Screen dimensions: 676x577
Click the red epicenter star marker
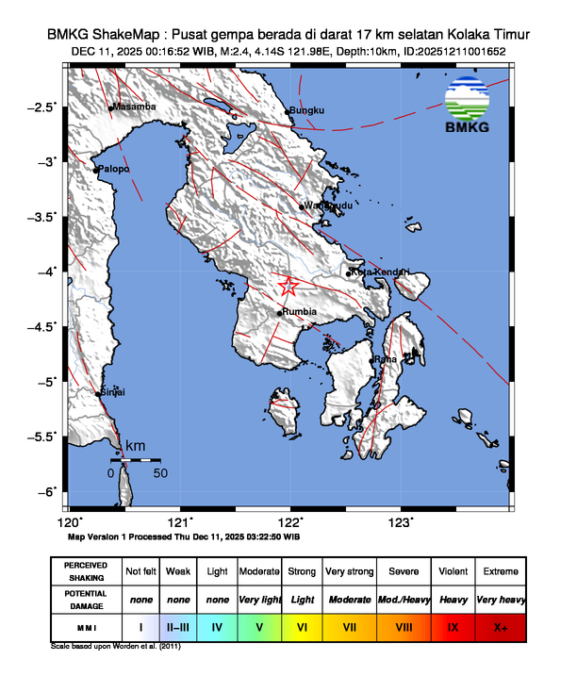289,287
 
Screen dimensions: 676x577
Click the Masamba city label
134,107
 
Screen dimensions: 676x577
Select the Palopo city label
113,170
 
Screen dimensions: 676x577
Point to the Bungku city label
305,112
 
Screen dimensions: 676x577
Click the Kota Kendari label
380,272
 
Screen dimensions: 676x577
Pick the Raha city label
385,359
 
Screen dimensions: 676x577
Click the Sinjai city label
113,392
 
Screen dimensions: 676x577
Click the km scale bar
135,460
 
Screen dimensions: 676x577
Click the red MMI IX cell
453,626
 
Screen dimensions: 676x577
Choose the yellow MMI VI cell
303,626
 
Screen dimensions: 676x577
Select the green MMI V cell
260,626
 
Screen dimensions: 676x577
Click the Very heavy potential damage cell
500,600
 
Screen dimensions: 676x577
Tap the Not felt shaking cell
140,571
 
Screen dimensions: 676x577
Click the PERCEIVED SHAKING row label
86,571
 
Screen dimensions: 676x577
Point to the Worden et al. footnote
115,648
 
